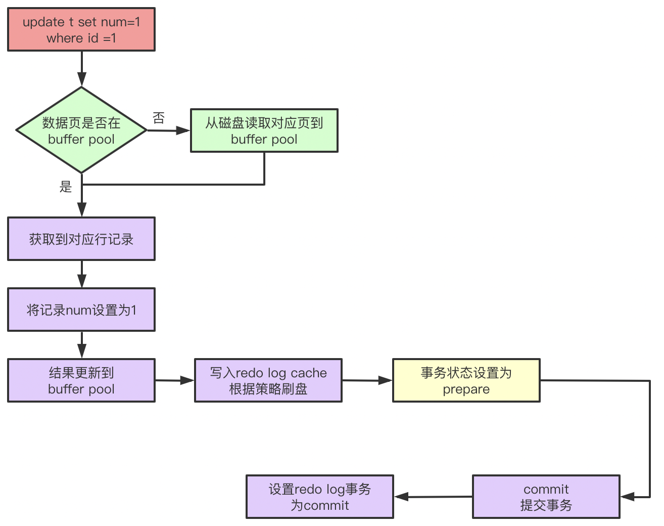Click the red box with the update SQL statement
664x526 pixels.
pos(81,29)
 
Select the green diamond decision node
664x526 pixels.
pos(81,130)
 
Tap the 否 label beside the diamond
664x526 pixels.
pos(159,118)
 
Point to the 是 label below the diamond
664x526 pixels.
pos(66,186)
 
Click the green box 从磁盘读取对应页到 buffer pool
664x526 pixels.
pos(264,130)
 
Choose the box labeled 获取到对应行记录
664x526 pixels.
pos(81,239)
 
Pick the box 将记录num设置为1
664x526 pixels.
pos(81,310)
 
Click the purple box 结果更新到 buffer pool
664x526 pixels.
pos(81,380)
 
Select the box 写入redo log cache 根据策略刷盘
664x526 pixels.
pos(268,380)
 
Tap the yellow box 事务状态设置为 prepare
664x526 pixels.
pos(466,380)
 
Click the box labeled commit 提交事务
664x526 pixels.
pos(546,497)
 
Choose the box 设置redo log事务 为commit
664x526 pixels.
pos(319,497)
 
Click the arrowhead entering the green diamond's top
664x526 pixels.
pos(81,80)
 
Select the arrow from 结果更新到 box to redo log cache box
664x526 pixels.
pos(174,380)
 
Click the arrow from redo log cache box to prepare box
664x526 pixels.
pos(367,380)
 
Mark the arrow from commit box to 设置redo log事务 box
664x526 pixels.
pos(433,497)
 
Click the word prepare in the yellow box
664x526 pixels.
pos(466,389)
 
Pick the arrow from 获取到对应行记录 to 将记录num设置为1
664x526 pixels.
pos(81,274)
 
